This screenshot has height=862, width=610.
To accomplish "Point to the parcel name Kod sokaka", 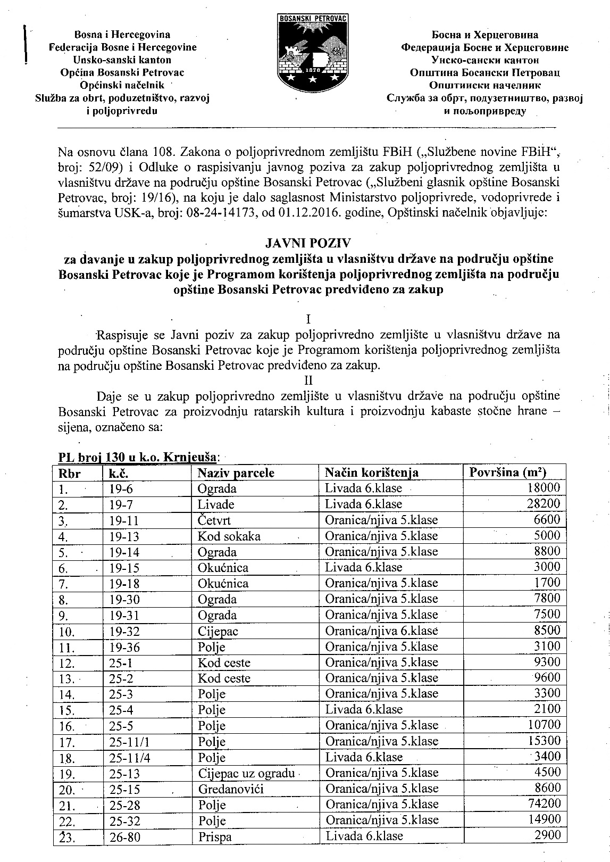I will tap(229, 536).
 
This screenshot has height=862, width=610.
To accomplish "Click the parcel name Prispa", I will tap(214, 836).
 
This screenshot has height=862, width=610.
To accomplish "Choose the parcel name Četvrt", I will tap(214, 520).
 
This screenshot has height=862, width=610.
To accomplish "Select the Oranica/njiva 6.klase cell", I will tap(381, 631).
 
